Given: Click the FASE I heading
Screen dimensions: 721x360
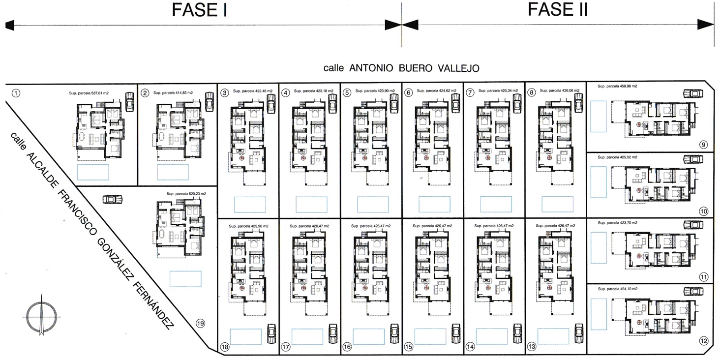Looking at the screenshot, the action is (200, 10).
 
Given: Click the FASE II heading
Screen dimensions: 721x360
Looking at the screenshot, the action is (558, 9).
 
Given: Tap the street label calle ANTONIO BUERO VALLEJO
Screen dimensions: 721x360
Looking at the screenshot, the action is (401, 68).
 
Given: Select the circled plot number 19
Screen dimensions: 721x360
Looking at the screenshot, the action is (200, 323).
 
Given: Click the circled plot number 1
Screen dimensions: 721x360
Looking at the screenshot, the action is (16, 93).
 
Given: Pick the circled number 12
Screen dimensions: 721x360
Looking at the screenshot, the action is (704, 341).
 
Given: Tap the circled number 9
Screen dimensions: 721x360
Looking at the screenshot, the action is (703, 145).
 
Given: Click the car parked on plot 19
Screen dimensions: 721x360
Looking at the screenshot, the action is (112, 200).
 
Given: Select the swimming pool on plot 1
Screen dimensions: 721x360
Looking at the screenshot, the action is (93, 172).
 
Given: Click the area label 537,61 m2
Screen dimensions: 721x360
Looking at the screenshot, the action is (89, 93).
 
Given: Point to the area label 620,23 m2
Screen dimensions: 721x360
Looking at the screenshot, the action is (186, 194).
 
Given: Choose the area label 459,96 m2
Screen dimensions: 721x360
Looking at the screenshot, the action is (617, 86).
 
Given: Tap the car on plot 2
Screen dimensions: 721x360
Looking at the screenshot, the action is (209, 101).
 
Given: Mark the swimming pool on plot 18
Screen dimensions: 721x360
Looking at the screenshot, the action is (245, 336).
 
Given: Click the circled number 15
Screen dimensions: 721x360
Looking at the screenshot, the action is (409, 347).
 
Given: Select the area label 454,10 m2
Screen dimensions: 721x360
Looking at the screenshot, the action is (618, 289).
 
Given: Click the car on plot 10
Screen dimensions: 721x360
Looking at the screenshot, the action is (693, 159).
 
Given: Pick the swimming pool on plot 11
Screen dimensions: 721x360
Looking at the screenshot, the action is (599, 248).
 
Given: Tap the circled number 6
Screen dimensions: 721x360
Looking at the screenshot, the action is (409, 93).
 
